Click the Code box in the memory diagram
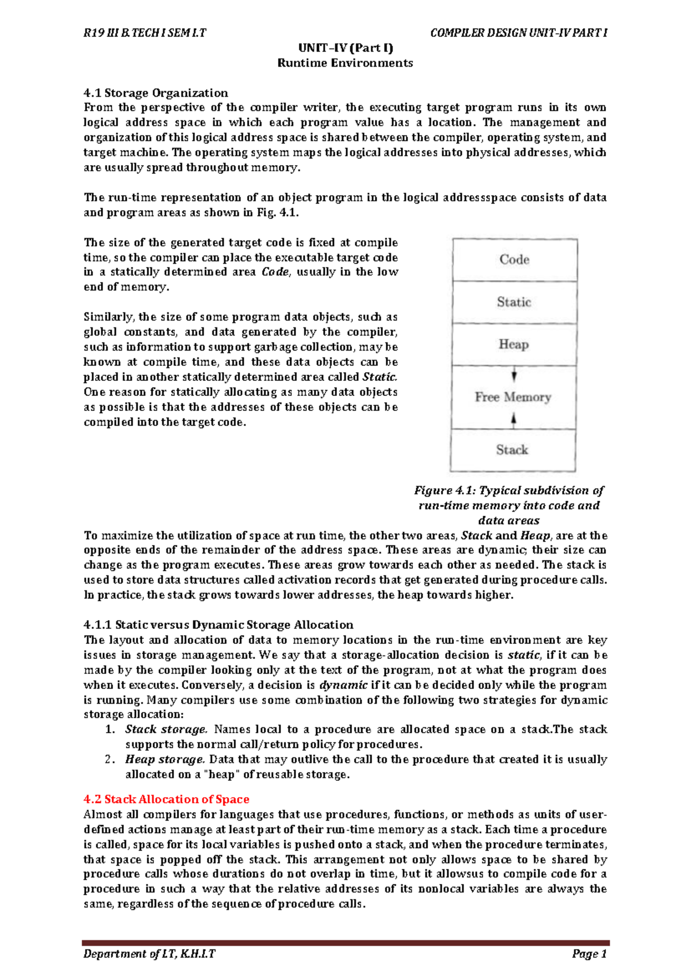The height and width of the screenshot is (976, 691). [x=514, y=260]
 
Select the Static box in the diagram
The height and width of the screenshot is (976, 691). [x=514, y=302]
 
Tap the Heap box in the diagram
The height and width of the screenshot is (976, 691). [x=514, y=344]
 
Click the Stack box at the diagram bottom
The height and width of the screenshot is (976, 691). [x=512, y=450]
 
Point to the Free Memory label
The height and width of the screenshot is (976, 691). [x=512, y=397]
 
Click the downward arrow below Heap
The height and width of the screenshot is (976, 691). [x=514, y=376]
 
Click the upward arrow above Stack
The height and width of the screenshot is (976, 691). [x=514, y=420]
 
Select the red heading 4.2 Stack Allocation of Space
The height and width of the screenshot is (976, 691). [x=166, y=799]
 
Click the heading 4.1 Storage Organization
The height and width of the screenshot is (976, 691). [x=155, y=93]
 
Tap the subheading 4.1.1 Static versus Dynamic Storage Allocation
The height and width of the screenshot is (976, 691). [x=218, y=625]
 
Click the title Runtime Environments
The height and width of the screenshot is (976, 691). [x=345, y=63]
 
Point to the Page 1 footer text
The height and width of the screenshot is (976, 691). [x=589, y=954]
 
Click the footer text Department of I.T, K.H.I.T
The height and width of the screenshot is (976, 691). [x=149, y=954]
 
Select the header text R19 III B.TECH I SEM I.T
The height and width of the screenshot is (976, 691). [x=145, y=33]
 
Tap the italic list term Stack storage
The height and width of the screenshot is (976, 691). [x=166, y=730]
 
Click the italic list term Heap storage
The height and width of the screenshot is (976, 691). [x=165, y=760]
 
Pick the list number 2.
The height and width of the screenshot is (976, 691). [x=110, y=760]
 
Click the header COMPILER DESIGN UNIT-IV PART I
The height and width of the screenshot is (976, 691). [x=518, y=33]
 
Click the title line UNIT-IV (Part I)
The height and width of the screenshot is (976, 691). [x=345, y=48]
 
